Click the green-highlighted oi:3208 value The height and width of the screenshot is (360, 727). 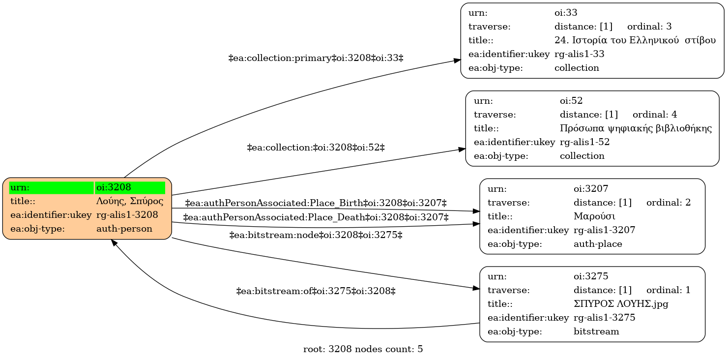click(114, 187)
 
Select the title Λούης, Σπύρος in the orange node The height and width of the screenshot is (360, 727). click(130, 201)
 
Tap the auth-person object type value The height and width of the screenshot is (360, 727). click(124, 229)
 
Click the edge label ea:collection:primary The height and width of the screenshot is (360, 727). click(316, 58)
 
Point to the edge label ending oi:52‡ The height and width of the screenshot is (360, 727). click(316, 148)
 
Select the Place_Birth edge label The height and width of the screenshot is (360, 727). click(316, 203)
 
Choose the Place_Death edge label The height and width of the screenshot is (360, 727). click(316, 217)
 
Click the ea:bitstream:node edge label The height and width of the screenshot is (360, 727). click(316, 235)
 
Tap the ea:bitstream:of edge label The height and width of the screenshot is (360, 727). click(316, 291)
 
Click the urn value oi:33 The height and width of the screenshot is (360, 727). click(566, 13)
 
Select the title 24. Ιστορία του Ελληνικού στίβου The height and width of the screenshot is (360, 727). click(635, 40)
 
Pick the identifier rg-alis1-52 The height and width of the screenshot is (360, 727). click(585, 142)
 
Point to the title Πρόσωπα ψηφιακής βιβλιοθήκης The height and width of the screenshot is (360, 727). click(636, 128)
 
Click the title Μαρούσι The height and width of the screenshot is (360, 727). click(594, 216)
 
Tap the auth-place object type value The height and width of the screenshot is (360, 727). click(598, 244)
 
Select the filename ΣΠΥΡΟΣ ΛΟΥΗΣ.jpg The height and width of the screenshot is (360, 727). click(621, 304)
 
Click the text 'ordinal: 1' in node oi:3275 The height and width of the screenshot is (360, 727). click(668, 290)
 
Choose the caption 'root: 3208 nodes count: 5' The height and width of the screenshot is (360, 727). click(363, 349)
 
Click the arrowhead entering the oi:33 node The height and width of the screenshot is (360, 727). click(457, 60)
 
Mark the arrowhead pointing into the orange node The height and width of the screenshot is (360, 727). click(114, 242)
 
